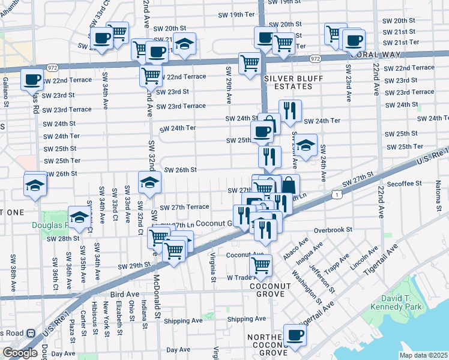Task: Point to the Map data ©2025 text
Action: click(x=423, y=355)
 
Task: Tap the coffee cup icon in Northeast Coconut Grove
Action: click(x=294, y=335)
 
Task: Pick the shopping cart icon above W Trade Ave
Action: click(x=260, y=265)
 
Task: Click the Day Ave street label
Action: click(x=178, y=349)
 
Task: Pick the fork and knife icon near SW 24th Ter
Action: click(x=289, y=110)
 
